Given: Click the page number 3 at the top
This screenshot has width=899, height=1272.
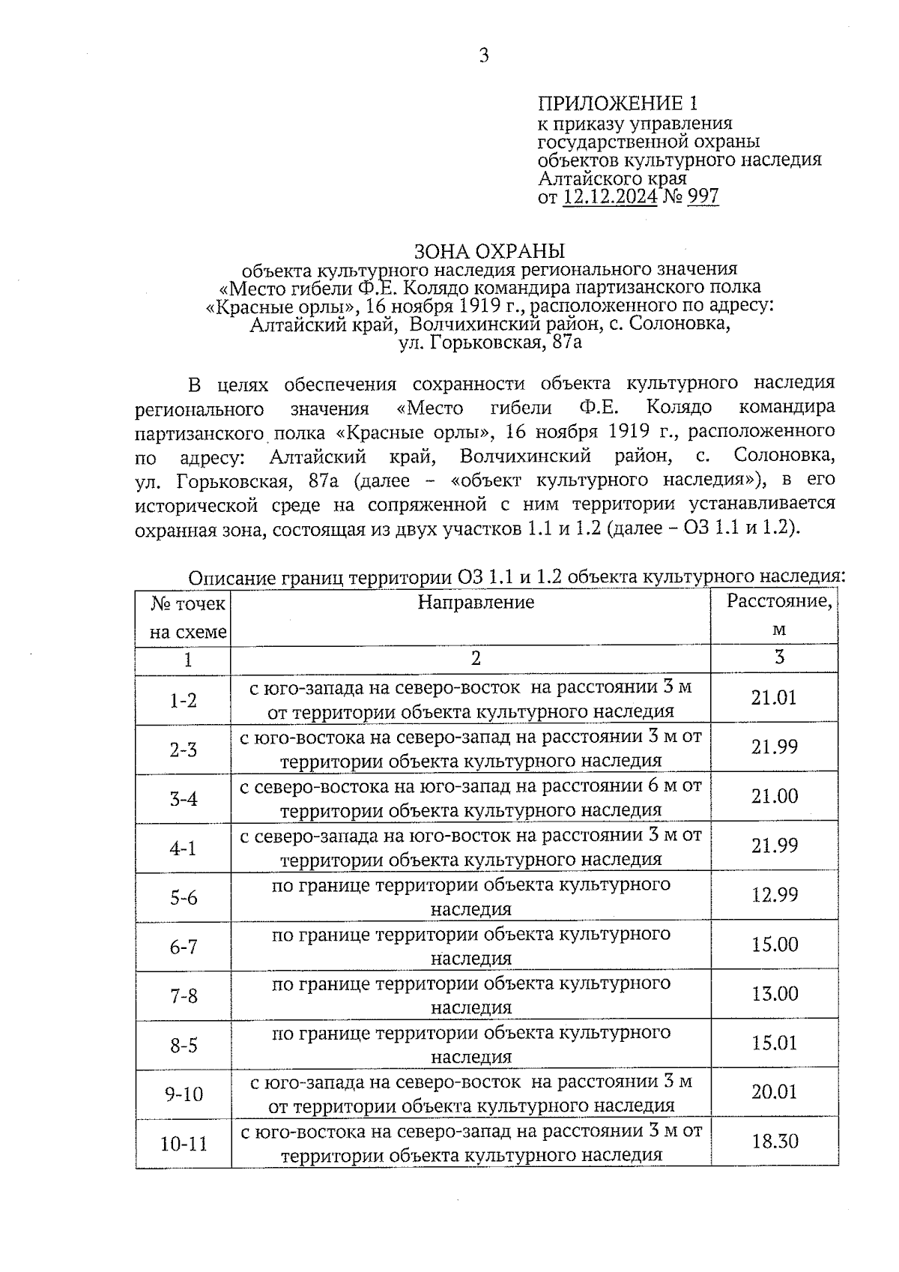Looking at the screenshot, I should click(x=484, y=55).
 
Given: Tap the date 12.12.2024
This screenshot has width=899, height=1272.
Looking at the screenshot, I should click(x=610, y=197).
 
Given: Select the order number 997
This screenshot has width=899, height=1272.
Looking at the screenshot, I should click(x=702, y=197).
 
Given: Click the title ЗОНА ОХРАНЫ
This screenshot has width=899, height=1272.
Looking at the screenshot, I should click(x=489, y=250).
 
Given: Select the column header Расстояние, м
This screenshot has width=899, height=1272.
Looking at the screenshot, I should click(x=779, y=615).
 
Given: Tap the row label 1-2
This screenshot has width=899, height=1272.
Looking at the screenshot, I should click(x=183, y=700).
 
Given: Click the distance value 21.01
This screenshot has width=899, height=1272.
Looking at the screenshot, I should click(x=774, y=698).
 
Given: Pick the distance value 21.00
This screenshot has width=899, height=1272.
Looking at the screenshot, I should click(x=775, y=796).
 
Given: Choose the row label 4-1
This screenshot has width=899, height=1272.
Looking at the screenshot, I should click(x=183, y=848).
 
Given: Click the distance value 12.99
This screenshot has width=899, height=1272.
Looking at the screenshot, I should click(x=775, y=895).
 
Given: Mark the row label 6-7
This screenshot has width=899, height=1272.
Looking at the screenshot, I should click(x=183, y=947).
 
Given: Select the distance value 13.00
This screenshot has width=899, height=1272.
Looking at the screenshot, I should click(x=775, y=994).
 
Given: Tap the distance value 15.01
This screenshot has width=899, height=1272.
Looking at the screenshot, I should click(x=775, y=1043).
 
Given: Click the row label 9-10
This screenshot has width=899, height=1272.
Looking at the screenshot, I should click(x=184, y=1094).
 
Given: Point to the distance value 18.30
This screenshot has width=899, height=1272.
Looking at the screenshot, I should click(x=775, y=1142).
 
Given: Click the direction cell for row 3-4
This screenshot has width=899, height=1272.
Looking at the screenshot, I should click(x=470, y=798).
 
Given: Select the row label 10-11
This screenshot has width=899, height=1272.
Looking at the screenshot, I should click(x=184, y=1145).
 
